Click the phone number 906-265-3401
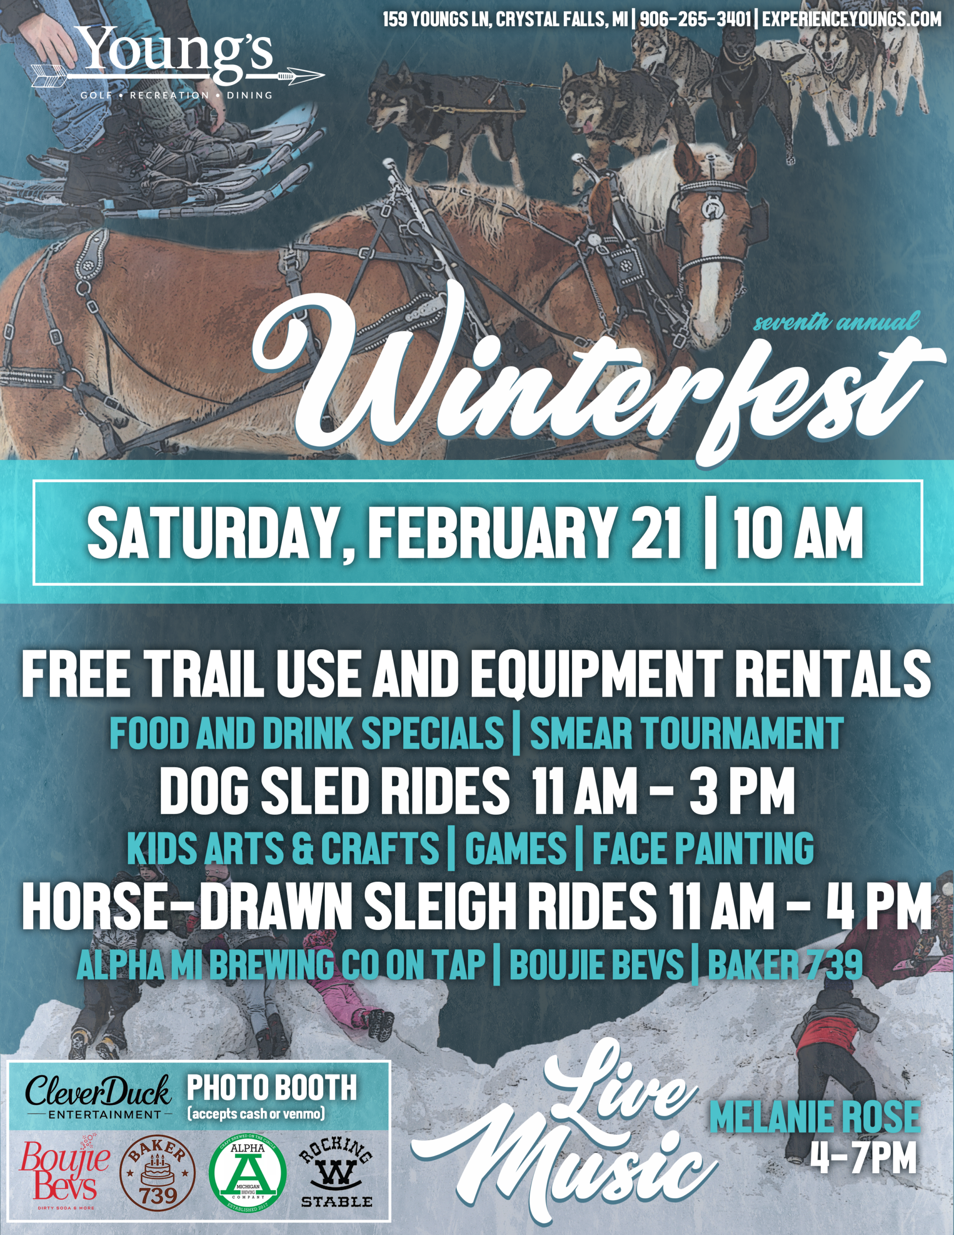pos(696,19)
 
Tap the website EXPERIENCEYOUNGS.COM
pos(852,19)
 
